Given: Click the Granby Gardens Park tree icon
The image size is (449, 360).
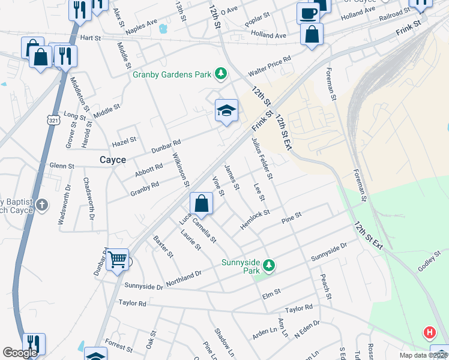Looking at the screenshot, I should tap(221, 74).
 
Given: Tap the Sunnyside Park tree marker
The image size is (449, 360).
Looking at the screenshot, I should tap(270, 265).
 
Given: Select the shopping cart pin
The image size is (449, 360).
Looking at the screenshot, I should tap(118, 260).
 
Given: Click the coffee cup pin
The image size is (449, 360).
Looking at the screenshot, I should tap(308, 13).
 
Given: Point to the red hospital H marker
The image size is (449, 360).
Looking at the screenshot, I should tap(430, 332).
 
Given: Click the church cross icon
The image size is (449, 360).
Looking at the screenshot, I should tap(42, 205).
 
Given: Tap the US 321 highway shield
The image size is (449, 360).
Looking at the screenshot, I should tap(53, 119).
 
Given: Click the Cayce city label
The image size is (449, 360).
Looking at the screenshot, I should tap(112, 160).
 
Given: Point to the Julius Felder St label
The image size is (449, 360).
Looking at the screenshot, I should tap(262, 158).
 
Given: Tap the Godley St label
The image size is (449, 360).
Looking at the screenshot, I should tap(429, 260).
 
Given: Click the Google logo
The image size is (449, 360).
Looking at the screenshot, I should tap(20, 353).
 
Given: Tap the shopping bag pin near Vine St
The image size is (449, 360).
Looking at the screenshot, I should tap(202, 203).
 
